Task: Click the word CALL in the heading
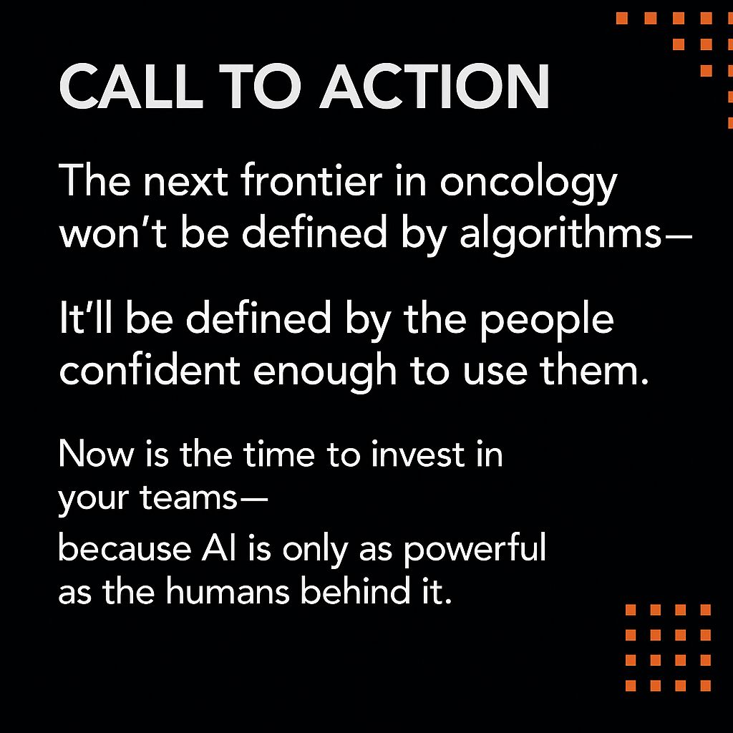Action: coord(131,87)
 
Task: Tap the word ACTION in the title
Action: coord(435,87)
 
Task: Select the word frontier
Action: coord(312,180)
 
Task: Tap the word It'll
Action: coord(86,317)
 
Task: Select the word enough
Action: coord(325,372)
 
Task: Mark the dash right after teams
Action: coord(254,499)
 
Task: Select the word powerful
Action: coord(475,550)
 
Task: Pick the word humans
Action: coord(228,591)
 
